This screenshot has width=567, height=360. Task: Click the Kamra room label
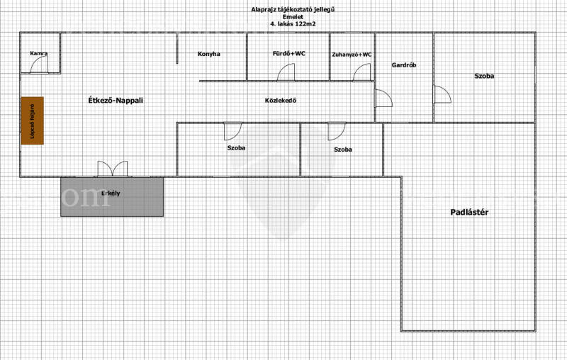coord(39,53)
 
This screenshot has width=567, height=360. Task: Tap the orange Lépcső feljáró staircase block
coord(32,120)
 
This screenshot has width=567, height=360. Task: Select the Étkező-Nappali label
coord(116,101)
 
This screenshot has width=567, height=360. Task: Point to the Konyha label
coord(209,54)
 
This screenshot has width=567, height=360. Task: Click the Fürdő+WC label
coord(289,53)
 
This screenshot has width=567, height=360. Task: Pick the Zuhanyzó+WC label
coord(352,55)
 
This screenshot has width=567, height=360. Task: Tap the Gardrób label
coord(404,65)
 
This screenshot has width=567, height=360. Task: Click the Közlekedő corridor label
coord(281,101)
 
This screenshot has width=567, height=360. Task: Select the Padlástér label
coord(469,212)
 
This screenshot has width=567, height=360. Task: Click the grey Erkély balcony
coord(112,197)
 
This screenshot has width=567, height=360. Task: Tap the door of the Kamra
coord(40,65)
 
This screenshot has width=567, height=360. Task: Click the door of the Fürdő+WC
coord(286,72)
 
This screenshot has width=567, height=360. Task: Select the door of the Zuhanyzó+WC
coord(362,72)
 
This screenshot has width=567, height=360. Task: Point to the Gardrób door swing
coord(383,99)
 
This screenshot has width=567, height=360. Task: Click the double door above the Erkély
coord(113,169)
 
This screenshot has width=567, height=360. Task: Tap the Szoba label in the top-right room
coord(484,76)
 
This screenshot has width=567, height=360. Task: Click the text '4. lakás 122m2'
coord(293,24)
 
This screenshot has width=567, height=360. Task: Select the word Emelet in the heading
coord(293,16)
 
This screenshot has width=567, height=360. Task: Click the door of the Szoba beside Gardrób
coord(442,94)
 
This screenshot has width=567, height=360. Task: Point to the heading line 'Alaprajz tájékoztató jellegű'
coord(293,9)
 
